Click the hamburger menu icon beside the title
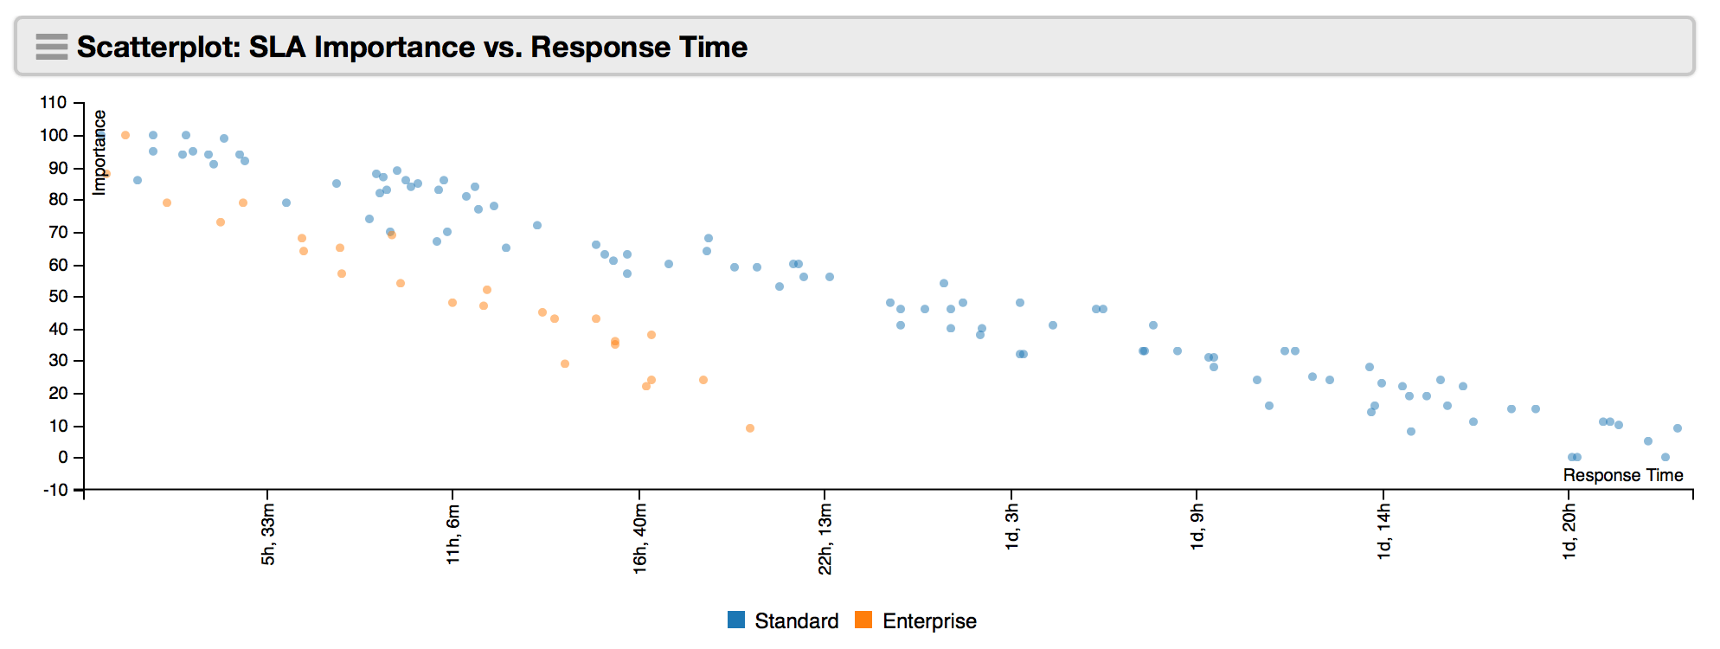click(x=52, y=47)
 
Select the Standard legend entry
click(x=783, y=620)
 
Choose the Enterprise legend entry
click(x=915, y=620)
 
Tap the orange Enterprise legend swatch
click(x=863, y=620)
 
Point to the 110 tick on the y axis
click(x=53, y=103)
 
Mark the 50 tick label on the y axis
click(x=58, y=297)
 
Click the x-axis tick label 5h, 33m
click(x=268, y=535)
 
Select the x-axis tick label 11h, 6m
click(x=453, y=535)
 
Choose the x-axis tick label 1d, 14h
click(x=1383, y=532)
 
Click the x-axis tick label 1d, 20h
click(x=1569, y=532)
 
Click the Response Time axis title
click(x=1623, y=475)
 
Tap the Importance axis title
click(x=99, y=152)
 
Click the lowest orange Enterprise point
click(x=750, y=428)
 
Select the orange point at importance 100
click(x=125, y=135)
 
